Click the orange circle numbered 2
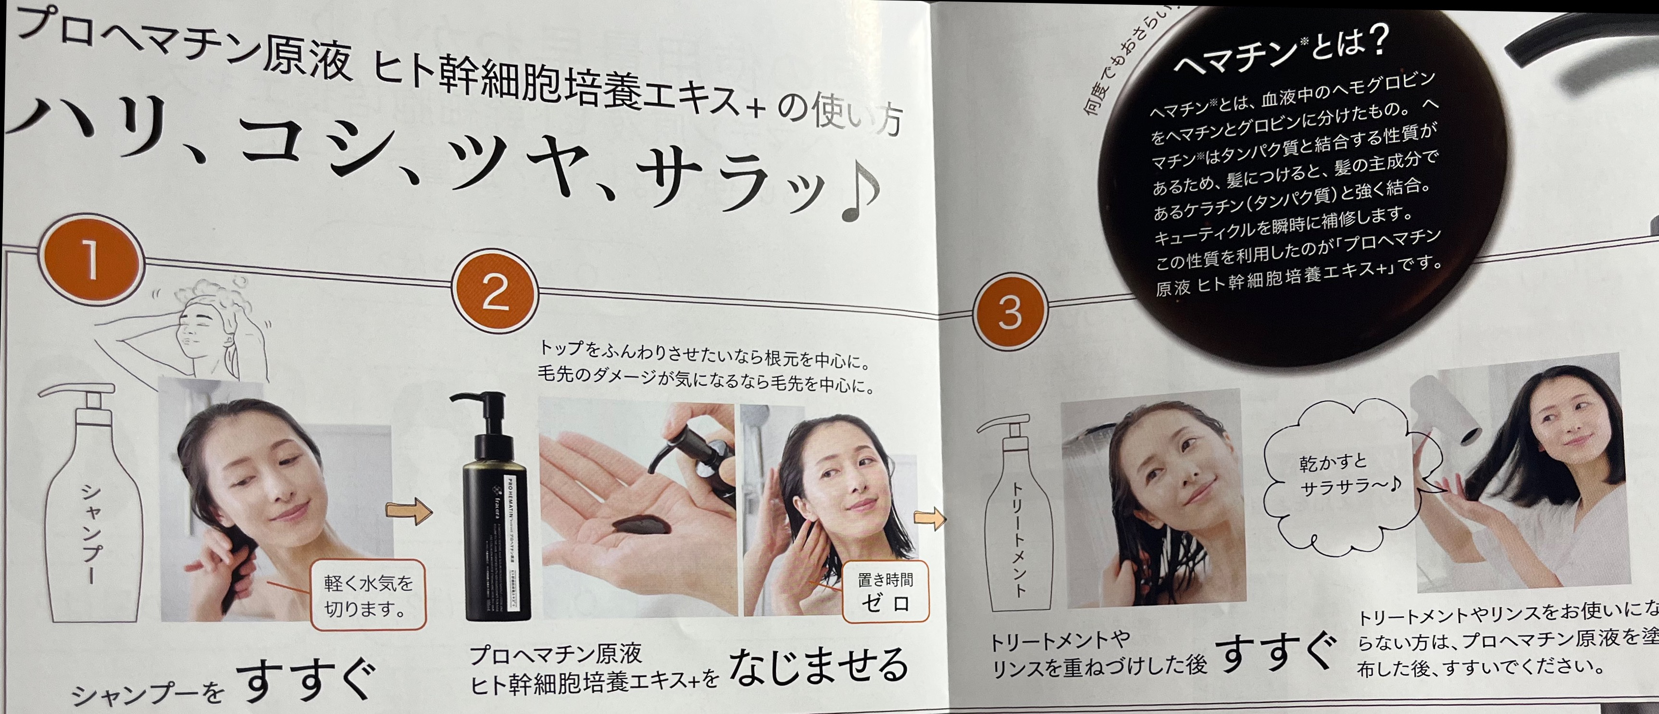pos(495,292)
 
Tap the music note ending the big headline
pos(860,193)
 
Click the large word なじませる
pos(818,665)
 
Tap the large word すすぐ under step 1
pos(306,680)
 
